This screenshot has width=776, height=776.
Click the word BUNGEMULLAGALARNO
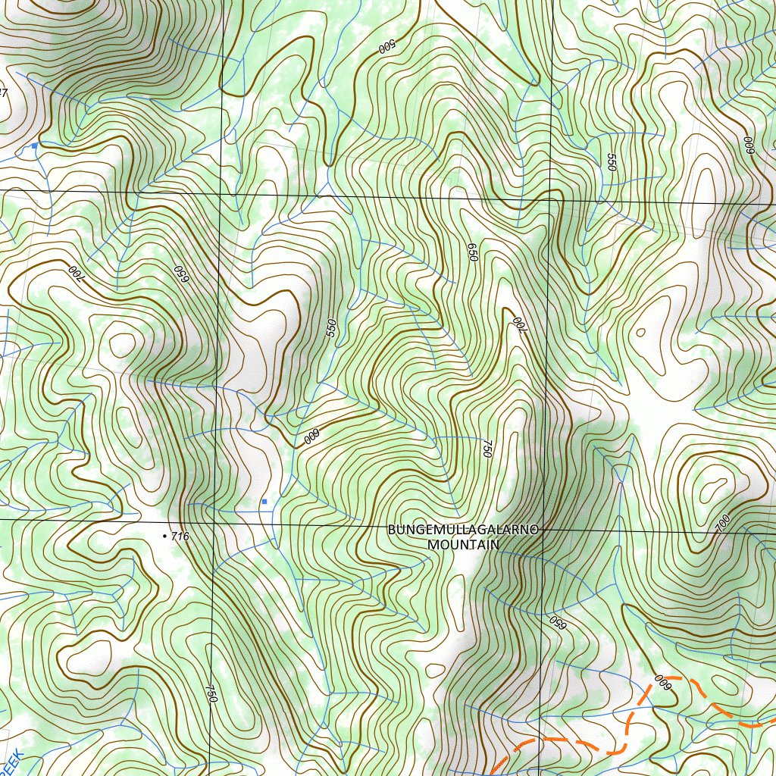point(463,530)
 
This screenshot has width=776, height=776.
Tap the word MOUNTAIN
point(463,544)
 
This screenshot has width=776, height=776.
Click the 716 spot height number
point(180,537)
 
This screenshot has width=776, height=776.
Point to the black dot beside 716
point(165,536)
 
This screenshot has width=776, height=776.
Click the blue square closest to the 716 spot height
point(264,502)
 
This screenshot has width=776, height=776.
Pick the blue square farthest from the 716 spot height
point(34,145)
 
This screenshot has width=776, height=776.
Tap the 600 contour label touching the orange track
point(664,683)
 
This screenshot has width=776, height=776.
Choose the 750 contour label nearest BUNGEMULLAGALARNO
point(487,448)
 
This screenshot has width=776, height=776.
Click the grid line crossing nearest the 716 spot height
point(214,521)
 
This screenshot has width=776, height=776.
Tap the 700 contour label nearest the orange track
point(722,521)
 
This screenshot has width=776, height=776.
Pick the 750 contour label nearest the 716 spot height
point(211,693)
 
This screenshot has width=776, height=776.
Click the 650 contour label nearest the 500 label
point(473,252)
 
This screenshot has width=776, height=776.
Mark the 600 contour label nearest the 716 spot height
point(311,437)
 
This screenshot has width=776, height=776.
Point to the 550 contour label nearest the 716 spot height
point(330,327)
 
